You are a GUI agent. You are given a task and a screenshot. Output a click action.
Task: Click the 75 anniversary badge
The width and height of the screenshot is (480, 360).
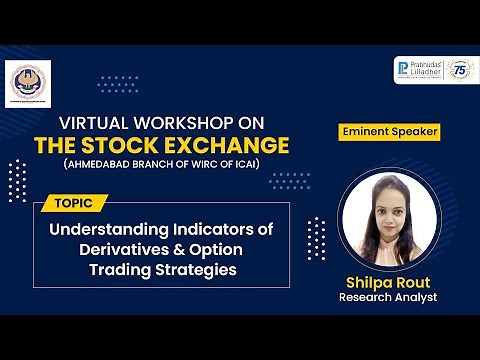tap(461, 70)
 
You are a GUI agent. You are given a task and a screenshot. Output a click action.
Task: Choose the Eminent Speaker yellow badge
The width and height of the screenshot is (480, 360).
tap(390, 130)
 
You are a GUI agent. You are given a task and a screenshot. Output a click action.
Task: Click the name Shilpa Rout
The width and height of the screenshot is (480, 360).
tap(388, 281)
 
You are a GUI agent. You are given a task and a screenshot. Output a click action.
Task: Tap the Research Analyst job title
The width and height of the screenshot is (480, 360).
tap(388, 298)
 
